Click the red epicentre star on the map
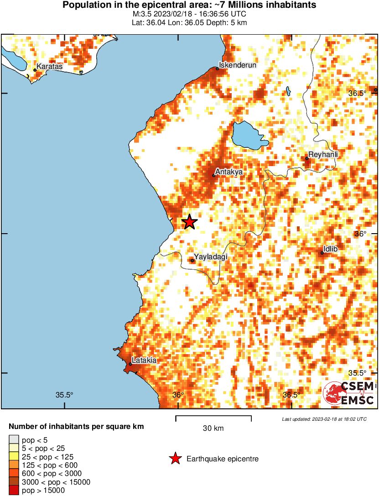(x=189, y=222)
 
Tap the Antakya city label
(x=228, y=172)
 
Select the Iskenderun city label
(x=238, y=65)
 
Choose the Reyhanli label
(x=323, y=155)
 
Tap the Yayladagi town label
(x=210, y=257)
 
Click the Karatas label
(x=49, y=67)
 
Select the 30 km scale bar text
(x=213, y=428)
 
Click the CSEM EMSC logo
(x=349, y=394)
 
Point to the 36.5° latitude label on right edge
(x=358, y=93)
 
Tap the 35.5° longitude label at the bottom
(x=64, y=395)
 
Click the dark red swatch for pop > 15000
(x=14, y=491)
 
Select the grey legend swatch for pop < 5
(x=14, y=439)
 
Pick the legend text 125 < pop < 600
(x=50, y=465)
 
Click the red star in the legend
(x=175, y=459)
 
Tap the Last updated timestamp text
(x=324, y=418)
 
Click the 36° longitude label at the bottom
(x=178, y=395)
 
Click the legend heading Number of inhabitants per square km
(x=77, y=427)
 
